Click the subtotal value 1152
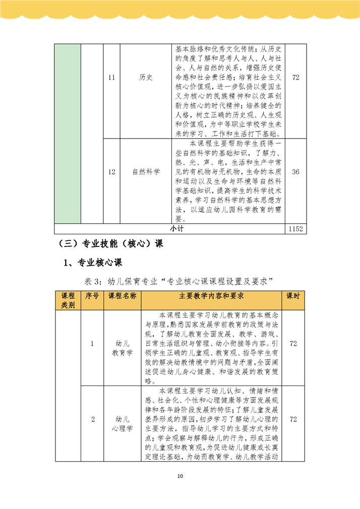point(295,229)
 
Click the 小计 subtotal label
point(176,229)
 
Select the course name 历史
point(146,78)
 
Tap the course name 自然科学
point(146,172)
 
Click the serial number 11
point(112,78)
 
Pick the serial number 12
point(112,172)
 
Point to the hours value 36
point(295,172)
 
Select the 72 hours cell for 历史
point(295,78)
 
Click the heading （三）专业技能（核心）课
point(111,243)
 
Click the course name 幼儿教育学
point(122,348)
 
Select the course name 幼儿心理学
point(122,424)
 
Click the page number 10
point(180,477)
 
